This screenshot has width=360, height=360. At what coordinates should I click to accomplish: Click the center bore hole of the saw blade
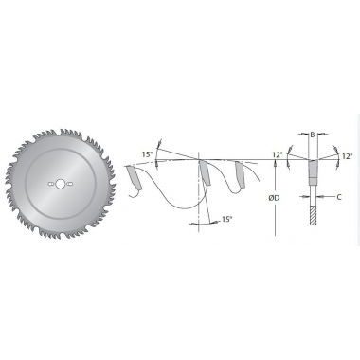[60, 184]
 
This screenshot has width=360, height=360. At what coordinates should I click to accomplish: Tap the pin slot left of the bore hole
[50, 184]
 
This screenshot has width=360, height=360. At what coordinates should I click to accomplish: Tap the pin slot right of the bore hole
[69, 184]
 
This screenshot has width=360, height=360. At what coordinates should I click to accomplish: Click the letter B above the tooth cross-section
[312, 135]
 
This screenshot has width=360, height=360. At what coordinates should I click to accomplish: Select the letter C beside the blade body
[339, 197]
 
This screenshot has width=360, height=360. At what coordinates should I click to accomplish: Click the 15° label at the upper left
[147, 154]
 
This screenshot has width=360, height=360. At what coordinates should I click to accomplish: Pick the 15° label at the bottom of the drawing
[225, 219]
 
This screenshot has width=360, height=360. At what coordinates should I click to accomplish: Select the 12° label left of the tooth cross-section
[277, 155]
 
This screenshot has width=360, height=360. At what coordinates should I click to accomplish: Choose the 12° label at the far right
[347, 156]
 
